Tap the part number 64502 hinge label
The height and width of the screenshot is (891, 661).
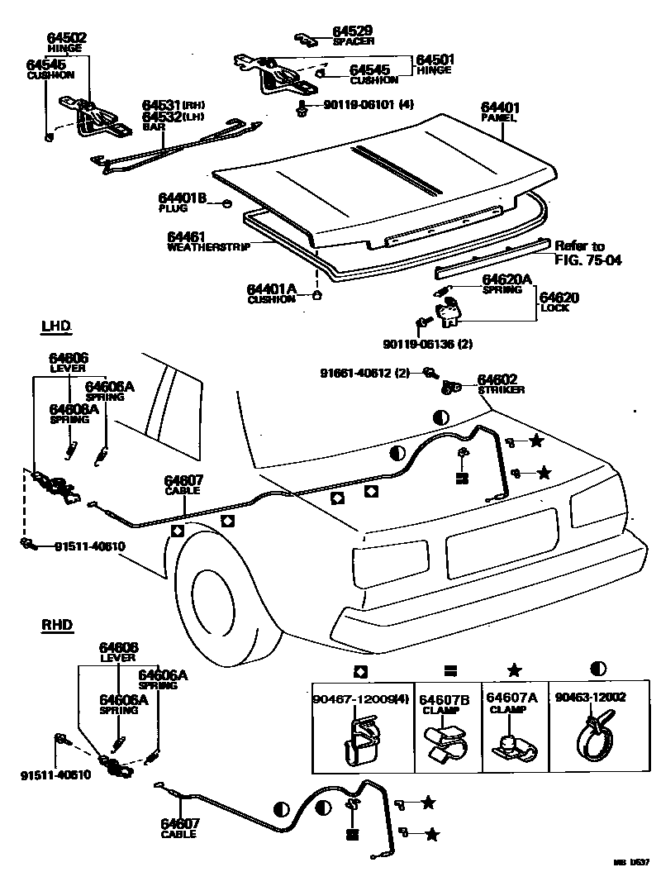pos(67,42)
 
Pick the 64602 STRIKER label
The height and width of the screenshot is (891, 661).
pos(500,384)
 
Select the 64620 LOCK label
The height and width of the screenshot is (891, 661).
pos(559,302)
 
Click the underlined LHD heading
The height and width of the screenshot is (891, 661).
pos(56,326)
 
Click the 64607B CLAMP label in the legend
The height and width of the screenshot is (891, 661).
pos(444,703)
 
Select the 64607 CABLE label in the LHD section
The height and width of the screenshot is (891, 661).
pos(183,484)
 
